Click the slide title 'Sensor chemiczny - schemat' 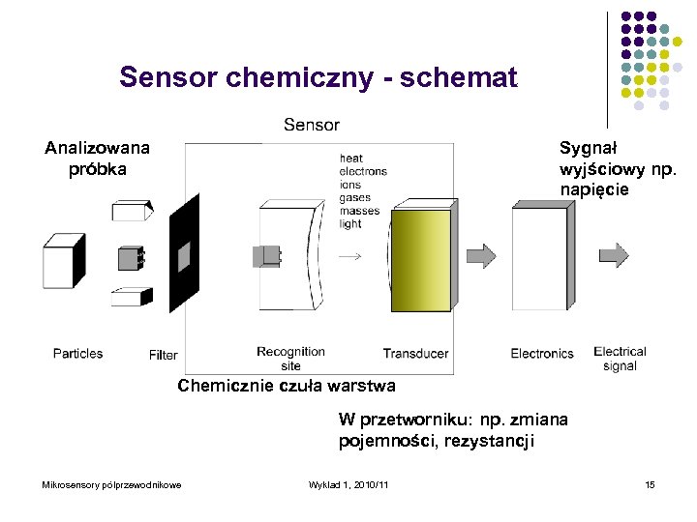click(x=318, y=77)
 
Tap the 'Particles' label click(x=77, y=354)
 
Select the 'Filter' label click(x=164, y=355)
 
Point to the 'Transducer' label click(x=415, y=354)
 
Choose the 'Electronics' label click(x=542, y=354)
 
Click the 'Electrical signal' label click(x=620, y=359)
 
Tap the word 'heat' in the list click(x=351, y=159)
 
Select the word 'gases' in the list click(x=355, y=197)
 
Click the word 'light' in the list click(x=350, y=223)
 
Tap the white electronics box click(x=540, y=259)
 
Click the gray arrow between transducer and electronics click(x=481, y=255)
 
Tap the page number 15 click(x=650, y=484)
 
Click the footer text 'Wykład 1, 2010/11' click(x=348, y=484)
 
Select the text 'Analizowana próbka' click(x=97, y=159)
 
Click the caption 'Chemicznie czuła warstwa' click(x=286, y=387)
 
